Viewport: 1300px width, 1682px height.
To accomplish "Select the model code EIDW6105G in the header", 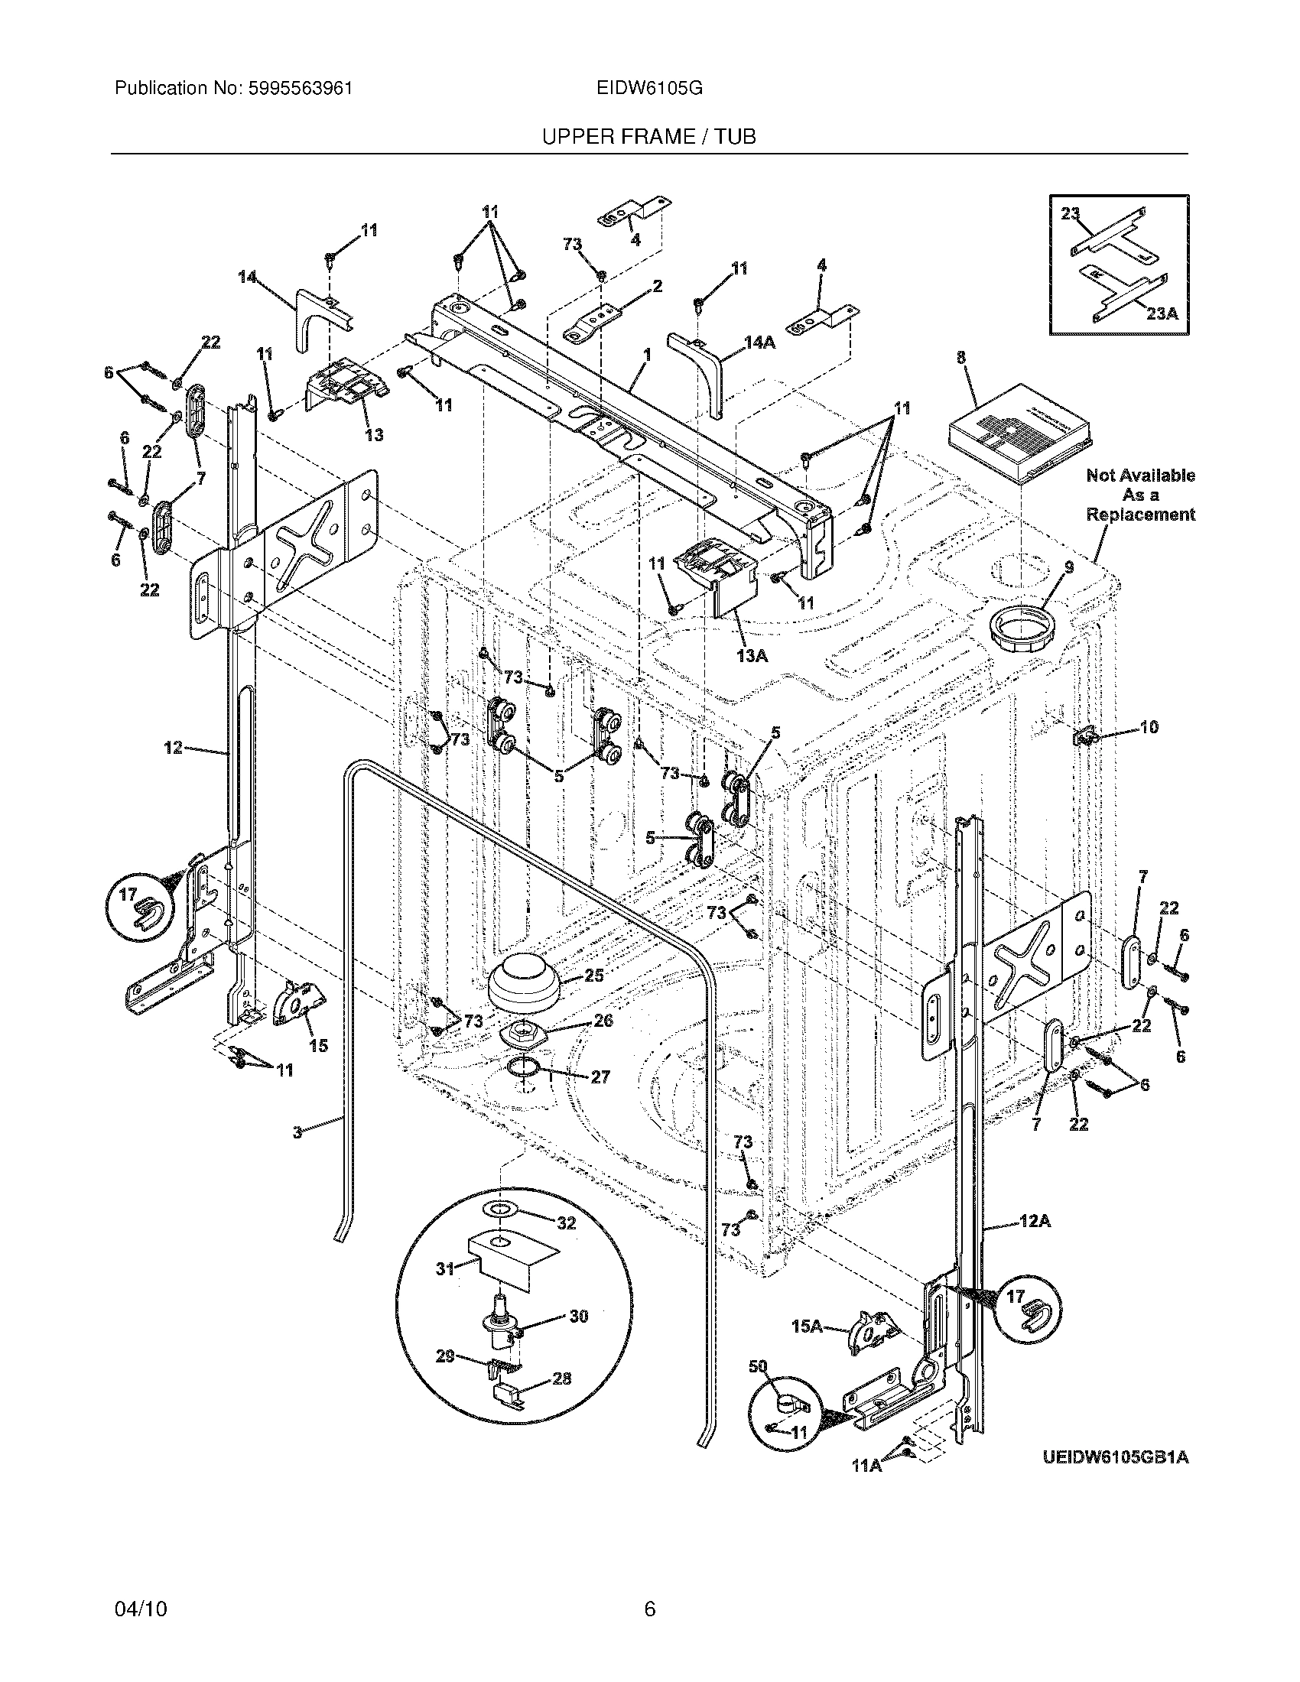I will click(648, 89).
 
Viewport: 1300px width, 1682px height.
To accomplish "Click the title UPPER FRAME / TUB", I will click(648, 137).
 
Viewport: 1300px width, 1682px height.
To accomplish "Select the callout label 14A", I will click(759, 343).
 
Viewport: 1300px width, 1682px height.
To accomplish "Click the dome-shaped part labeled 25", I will click(524, 983).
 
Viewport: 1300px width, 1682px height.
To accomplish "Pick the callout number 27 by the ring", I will click(600, 1076).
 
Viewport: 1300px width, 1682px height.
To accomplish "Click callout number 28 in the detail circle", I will click(562, 1378).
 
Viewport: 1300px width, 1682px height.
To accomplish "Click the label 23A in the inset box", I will click(1162, 313).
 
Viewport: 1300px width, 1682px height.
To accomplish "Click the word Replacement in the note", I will click(1141, 515).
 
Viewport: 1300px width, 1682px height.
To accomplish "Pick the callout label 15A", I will click(808, 1326).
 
